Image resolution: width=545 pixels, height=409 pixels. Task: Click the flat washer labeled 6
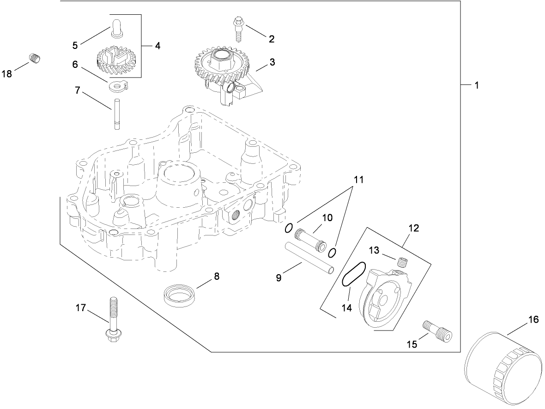118,86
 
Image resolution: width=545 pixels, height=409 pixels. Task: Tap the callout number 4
157,46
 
